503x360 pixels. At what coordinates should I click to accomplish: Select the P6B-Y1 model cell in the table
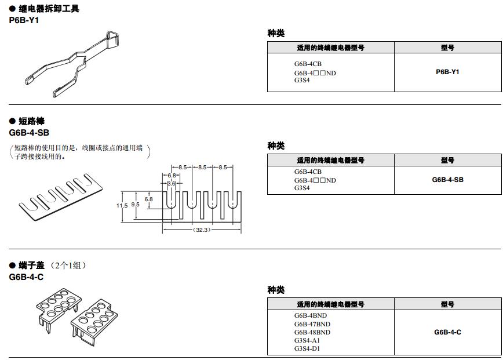[447, 72]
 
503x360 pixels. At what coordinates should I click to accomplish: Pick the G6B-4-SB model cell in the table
[447, 180]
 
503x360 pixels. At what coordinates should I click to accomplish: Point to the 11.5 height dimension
[121, 205]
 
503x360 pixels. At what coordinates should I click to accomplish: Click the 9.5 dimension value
[135, 205]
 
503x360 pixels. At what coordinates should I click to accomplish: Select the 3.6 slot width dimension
[171, 184]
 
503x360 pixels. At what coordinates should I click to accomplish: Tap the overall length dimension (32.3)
[201, 230]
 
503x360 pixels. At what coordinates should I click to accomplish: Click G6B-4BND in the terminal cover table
[310, 316]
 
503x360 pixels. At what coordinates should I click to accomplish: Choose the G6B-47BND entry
[312, 324]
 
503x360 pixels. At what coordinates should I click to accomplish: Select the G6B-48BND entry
[312, 332]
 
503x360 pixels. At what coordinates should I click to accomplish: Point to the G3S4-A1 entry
[307, 340]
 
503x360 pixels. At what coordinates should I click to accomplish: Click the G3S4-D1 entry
[307, 348]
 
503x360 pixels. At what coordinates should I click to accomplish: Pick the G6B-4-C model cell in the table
[447, 332]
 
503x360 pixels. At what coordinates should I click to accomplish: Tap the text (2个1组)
[68, 266]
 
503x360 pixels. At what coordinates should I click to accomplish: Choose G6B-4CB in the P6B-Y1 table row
[308, 64]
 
